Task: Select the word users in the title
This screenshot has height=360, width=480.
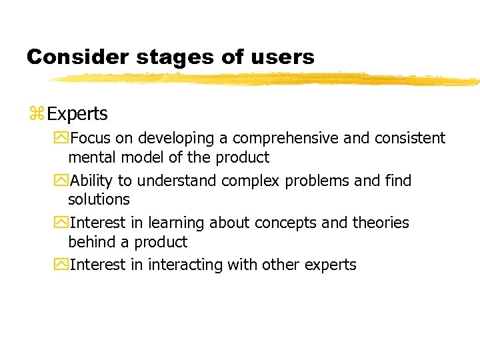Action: (x=281, y=57)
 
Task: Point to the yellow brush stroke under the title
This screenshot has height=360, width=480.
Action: (x=267, y=79)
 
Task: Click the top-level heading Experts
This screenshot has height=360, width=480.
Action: (x=77, y=114)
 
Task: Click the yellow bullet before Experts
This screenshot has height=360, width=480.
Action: (x=36, y=114)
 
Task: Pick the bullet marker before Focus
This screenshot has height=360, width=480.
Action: (x=63, y=139)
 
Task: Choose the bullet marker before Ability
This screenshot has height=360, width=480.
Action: (x=63, y=181)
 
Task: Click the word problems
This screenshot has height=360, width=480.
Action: (x=313, y=181)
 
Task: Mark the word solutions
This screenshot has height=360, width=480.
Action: (x=99, y=199)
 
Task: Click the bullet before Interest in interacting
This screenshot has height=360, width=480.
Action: (x=63, y=265)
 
